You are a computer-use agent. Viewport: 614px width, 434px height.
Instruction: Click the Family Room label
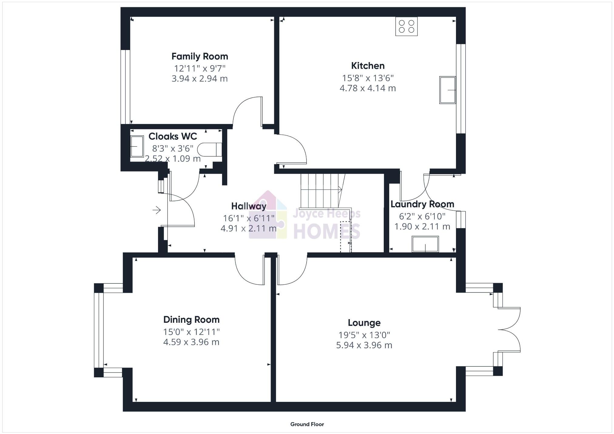(x=200, y=56)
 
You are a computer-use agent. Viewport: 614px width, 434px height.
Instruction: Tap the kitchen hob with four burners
(x=406, y=26)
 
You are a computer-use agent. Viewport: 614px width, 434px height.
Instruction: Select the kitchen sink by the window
(x=447, y=90)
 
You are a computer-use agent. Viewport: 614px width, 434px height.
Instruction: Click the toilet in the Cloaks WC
(x=209, y=149)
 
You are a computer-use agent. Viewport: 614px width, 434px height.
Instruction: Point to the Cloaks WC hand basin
(x=137, y=147)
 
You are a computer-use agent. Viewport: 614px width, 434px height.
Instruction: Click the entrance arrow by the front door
(x=157, y=210)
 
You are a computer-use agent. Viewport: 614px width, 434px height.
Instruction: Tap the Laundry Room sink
(x=425, y=244)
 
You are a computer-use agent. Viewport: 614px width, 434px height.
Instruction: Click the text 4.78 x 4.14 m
(x=368, y=88)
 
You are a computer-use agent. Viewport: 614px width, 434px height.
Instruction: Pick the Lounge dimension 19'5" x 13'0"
(x=364, y=335)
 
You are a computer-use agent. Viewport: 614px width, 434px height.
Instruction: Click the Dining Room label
(x=191, y=319)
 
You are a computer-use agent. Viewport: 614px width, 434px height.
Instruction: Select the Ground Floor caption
(x=307, y=424)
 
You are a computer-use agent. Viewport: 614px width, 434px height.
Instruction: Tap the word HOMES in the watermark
(x=326, y=231)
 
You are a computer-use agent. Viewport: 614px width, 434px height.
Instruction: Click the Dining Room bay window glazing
(x=99, y=330)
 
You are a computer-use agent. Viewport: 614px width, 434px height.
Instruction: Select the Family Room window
(x=125, y=87)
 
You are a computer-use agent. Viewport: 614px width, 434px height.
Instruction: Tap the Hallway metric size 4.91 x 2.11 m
(x=248, y=228)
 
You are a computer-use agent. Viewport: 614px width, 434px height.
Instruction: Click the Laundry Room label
(x=422, y=204)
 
